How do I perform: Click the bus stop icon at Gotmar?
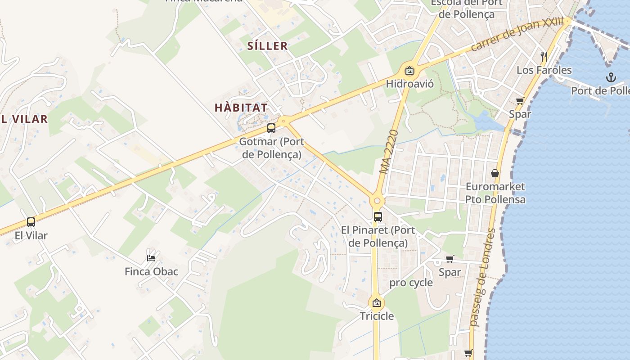[271, 128]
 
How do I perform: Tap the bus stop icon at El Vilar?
[31, 222]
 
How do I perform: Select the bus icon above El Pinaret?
[378, 216]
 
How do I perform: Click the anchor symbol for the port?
[611, 77]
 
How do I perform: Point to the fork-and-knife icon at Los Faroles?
[544, 56]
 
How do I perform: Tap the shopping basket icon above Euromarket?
[495, 173]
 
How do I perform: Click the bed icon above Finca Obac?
[152, 258]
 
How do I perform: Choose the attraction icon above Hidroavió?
[409, 70]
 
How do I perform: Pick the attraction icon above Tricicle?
[377, 302]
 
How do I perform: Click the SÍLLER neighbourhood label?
[267, 45]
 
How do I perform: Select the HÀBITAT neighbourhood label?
[241, 108]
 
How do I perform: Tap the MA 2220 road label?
[389, 152]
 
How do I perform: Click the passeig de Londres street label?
[481, 277]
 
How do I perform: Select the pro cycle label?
[411, 283]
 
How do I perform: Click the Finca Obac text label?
[151, 271]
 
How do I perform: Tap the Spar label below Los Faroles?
[520, 114]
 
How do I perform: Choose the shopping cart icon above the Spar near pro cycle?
[450, 259]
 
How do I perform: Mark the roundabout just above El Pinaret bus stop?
[377, 201]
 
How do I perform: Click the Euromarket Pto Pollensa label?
[495, 193]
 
